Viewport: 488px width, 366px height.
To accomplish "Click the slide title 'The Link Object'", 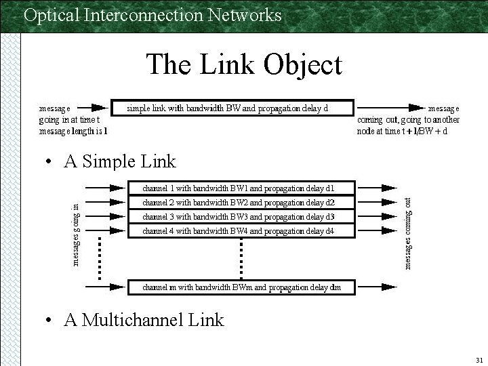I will [244, 65].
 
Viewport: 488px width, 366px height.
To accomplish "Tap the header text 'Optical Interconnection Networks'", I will [152, 15].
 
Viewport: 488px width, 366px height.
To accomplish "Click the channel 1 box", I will [241, 187].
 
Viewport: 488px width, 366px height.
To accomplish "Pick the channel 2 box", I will [241, 202].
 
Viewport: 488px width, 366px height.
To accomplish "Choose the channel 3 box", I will [241, 217].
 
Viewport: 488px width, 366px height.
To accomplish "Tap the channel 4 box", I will [241, 232].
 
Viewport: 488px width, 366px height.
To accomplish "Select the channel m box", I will [241, 287].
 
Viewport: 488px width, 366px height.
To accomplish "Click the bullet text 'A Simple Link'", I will [119, 161].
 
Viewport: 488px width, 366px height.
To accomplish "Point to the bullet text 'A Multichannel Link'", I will [144, 320].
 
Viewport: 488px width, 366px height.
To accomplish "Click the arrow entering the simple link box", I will [99, 107].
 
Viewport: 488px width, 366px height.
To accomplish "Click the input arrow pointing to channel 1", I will [104, 187].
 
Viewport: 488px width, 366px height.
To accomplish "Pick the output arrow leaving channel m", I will [378, 287].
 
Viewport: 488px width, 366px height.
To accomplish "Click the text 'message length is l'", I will [73, 131].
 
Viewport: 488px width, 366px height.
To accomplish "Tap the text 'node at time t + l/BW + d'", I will [402, 131].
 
